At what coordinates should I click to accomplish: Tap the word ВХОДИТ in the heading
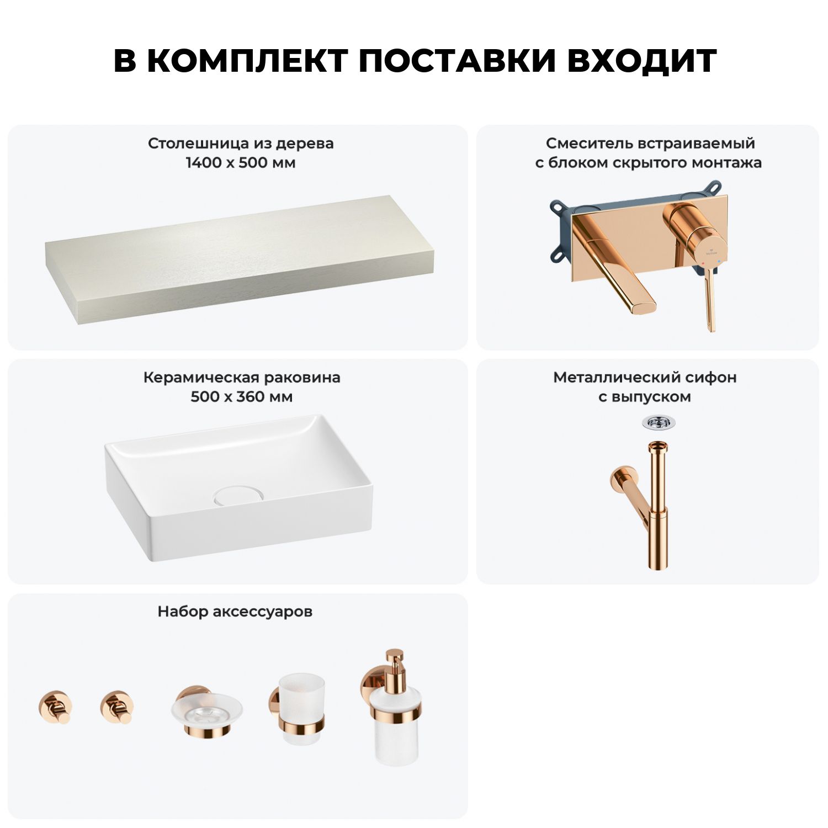pyautogui.click(x=641, y=61)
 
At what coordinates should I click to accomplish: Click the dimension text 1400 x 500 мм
pyautogui.click(x=241, y=163)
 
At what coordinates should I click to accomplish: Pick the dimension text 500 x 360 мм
pyautogui.click(x=241, y=397)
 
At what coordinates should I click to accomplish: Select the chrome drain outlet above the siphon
pyautogui.click(x=658, y=422)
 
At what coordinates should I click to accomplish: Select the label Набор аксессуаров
pyautogui.click(x=235, y=612)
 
